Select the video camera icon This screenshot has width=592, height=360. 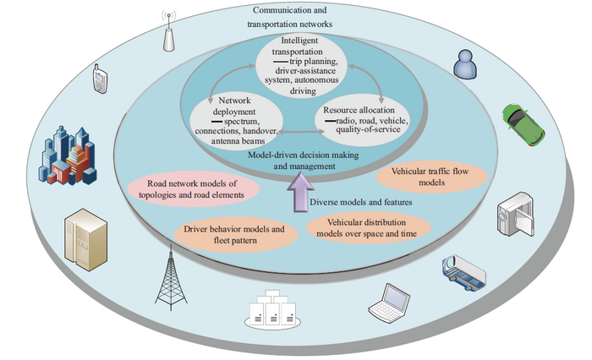click(x=514, y=215)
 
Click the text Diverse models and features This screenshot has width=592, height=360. click(x=362, y=202)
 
